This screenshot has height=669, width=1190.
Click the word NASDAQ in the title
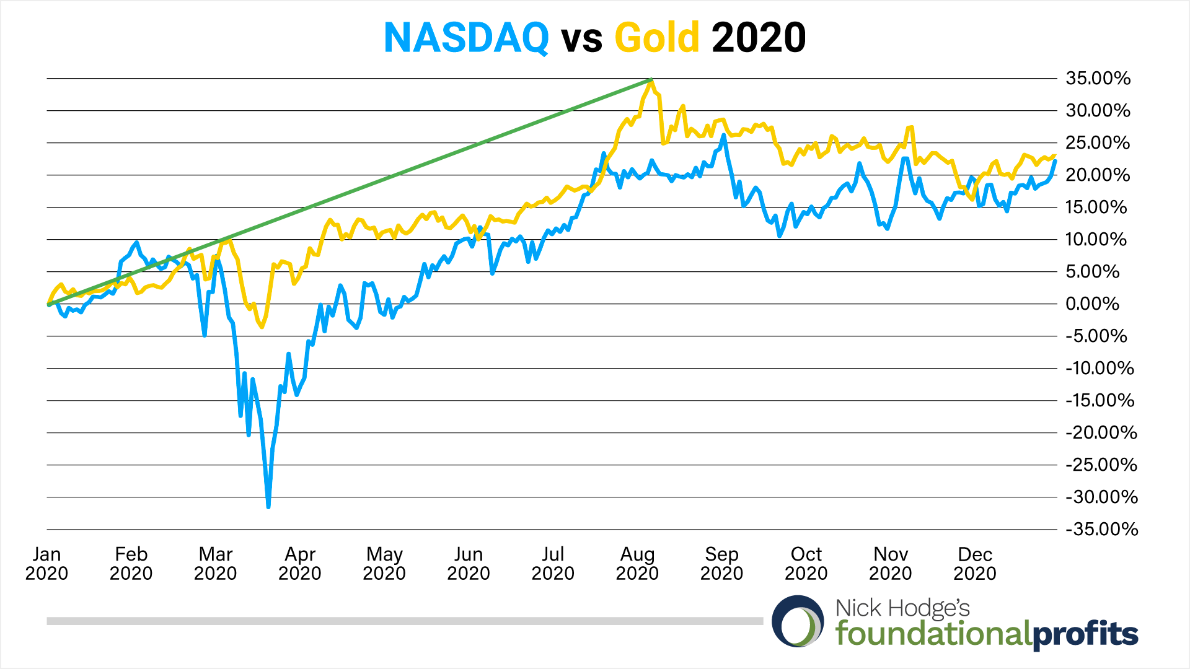(x=466, y=38)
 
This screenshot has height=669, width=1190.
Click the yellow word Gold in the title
(x=656, y=38)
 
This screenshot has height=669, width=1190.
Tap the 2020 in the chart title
(x=759, y=38)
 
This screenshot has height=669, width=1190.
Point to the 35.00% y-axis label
(x=1098, y=79)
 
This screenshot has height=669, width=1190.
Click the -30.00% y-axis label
(x=1101, y=497)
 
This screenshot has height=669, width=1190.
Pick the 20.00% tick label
(x=1098, y=175)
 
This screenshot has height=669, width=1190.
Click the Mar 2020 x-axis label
(x=215, y=564)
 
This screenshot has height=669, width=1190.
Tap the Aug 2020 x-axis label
(x=637, y=564)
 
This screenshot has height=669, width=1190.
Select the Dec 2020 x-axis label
(x=974, y=564)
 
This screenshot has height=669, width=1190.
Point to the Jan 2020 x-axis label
(x=46, y=564)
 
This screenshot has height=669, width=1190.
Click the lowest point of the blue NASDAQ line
(x=268, y=507)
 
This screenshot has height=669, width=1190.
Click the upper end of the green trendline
(x=650, y=79)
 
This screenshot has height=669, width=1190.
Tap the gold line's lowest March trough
(x=262, y=326)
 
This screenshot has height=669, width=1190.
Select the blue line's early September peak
(x=723, y=136)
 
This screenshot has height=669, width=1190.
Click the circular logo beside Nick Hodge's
(x=798, y=621)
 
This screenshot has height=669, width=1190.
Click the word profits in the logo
(x=1085, y=634)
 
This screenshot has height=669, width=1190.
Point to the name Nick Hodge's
(x=902, y=608)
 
